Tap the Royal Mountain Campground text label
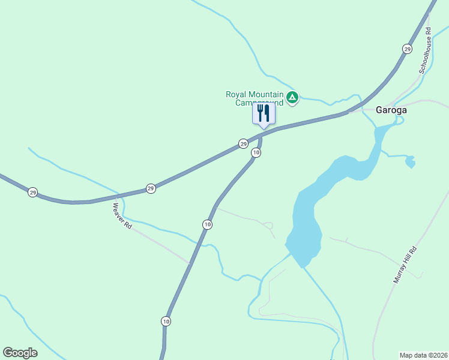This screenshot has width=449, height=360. (254, 98)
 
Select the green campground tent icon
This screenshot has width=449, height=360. (292, 97)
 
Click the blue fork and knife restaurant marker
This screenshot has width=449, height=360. (264, 114)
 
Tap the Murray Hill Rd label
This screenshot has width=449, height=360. (404, 265)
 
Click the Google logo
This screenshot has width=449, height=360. (20, 353)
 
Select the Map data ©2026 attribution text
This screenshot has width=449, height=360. (423, 355)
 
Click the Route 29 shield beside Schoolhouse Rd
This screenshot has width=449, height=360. (408, 49)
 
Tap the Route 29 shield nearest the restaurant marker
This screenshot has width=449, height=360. (243, 143)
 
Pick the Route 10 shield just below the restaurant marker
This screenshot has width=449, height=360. (256, 153)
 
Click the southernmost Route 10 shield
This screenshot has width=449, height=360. (166, 321)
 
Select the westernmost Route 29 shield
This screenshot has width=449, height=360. (32, 193)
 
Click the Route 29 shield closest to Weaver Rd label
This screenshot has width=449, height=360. (151, 188)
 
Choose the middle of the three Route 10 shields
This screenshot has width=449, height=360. (207, 224)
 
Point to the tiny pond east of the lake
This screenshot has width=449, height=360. (410, 161)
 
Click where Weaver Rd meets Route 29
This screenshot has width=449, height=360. (115, 197)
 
